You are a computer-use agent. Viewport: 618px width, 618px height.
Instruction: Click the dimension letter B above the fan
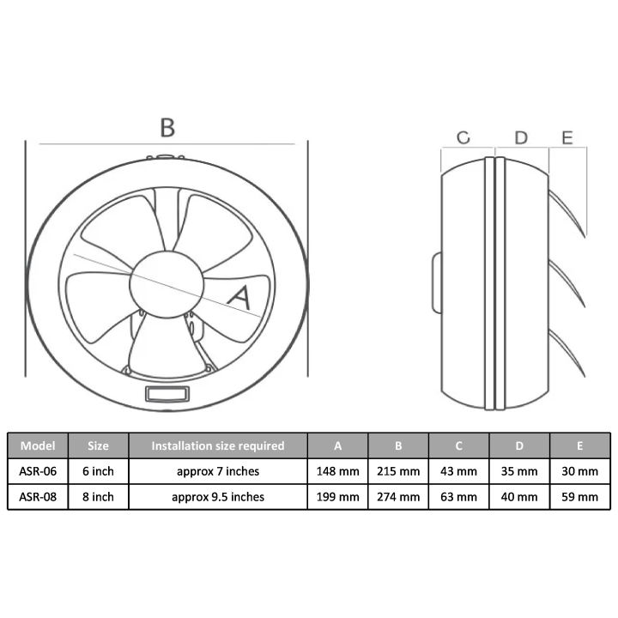tap(167, 127)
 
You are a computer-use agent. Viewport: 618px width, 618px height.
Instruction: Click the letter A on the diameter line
tap(239, 297)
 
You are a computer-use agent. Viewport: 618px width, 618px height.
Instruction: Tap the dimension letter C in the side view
tap(463, 137)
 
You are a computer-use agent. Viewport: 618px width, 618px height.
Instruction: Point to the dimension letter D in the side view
tap(521, 137)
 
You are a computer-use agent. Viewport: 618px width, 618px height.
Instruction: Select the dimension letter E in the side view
tap(566, 137)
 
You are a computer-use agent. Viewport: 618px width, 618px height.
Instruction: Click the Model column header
tap(38, 446)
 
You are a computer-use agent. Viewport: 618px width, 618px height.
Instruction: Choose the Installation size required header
tap(217, 446)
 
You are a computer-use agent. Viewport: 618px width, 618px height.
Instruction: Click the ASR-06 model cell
tap(38, 471)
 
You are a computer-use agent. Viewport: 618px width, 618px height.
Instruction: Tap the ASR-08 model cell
tap(38, 497)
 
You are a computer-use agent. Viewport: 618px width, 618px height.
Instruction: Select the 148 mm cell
tap(337, 471)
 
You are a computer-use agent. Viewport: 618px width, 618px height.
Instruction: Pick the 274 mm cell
tap(398, 497)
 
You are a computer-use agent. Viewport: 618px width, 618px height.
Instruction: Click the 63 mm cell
tap(459, 497)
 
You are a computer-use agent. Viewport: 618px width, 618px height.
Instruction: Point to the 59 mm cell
tap(580, 497)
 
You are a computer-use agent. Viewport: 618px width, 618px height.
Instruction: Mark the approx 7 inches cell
tap(217, 471)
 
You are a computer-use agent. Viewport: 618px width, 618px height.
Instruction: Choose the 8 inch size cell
tap(98, 497)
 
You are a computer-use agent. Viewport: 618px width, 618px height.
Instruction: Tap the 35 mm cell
tap(519, 471)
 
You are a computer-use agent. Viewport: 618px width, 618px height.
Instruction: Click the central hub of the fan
tap(167, 280)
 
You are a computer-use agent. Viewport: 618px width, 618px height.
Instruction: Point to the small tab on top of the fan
tap(166, 157)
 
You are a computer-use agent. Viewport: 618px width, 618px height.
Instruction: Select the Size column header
tap(98, 446)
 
